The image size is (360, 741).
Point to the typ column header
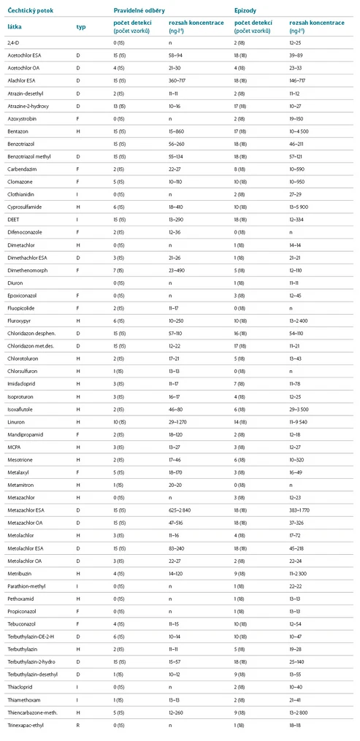pos(81,27)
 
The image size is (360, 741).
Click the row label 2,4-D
pos(14,45)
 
